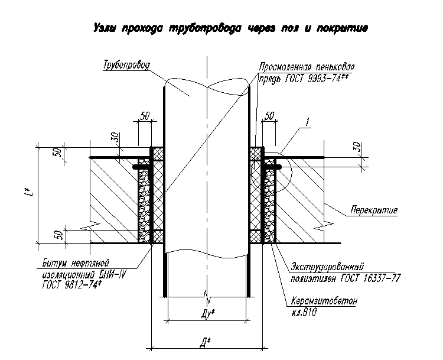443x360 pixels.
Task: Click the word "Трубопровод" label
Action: tap(126, 65)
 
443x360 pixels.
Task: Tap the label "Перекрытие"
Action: tap(374, 210)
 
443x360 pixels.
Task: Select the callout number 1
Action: tap(307, 122)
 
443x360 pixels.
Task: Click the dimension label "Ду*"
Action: tap(208, 313)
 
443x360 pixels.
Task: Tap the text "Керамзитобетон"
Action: tap(324, 301)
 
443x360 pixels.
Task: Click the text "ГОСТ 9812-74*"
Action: tap(71, 285)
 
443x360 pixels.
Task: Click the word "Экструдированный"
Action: tap(327, 267)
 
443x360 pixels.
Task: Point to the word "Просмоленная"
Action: tap(285, 67)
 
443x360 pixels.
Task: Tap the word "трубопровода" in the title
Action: tap(206, 28)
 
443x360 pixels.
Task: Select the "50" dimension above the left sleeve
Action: tap(145, 116)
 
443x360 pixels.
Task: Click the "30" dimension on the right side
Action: tap(357, 147)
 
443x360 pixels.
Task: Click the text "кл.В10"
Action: tap(304, 312)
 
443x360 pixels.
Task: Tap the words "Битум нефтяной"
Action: tap(76, 263)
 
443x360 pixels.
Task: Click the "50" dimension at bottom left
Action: tap(58, 235)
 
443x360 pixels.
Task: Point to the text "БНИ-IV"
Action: tap(112, 274)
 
